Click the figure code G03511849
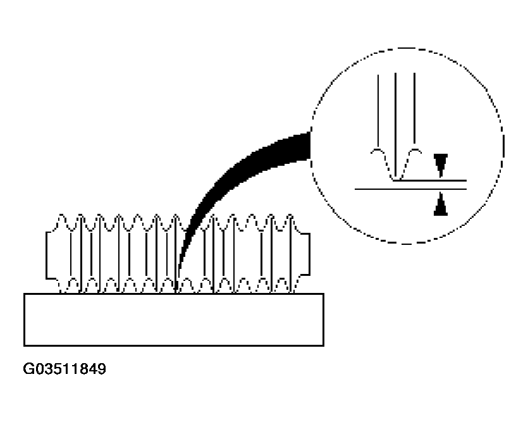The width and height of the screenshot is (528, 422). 64,369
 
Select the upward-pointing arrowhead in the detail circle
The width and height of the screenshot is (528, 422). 441,204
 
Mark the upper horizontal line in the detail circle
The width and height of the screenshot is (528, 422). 430,180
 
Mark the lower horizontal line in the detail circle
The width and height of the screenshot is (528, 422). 410,189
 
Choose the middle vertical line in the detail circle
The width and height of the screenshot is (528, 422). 396,126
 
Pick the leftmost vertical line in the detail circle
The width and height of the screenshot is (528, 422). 378,111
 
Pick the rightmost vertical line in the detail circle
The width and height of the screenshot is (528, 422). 415,111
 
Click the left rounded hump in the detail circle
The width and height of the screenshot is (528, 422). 378,150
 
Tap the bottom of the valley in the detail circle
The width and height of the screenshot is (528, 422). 396,179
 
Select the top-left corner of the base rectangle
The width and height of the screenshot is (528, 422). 24,294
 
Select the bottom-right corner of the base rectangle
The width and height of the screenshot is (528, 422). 324,345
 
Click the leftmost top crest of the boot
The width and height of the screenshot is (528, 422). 61,215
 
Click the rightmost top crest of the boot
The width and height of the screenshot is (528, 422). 290,215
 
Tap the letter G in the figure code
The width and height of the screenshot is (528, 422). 28,369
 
